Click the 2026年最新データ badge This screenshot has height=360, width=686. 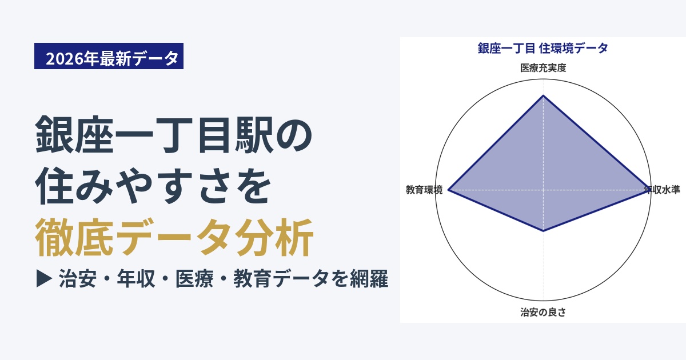point(109,56)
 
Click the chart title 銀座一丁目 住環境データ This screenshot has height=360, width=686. point(543,49)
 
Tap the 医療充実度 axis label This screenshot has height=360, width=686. point(543,67)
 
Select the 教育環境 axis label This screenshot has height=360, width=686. point(424,190)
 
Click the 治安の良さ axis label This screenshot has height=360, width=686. point(543,312)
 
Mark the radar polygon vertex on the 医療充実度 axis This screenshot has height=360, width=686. point(543,96)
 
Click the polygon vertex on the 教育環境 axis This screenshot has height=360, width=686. point(448,190)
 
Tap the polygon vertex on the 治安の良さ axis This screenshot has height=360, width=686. point(543,231)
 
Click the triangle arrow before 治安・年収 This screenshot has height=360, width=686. point(44,279)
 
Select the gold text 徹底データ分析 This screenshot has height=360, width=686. point(174,238)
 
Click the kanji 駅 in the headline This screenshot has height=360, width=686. point(254,135)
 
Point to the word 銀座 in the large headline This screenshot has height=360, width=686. point(74,135)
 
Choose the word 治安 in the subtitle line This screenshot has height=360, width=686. point(78,279)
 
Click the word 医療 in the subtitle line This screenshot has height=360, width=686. point(194,279)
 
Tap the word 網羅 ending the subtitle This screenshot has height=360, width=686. point(369,279)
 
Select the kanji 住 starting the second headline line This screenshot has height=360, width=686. point(54,186)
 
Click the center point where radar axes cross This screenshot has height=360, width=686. point(543,190)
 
